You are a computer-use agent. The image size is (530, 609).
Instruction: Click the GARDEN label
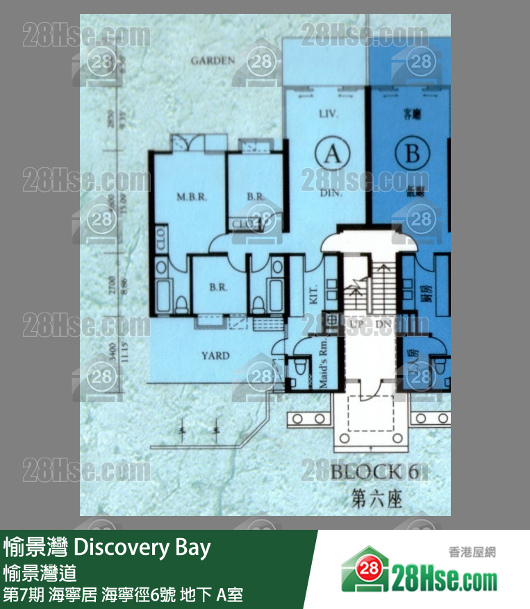pos(213,61)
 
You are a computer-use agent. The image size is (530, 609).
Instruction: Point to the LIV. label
pos(327,113)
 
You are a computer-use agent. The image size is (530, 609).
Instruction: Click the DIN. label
pos(331,194)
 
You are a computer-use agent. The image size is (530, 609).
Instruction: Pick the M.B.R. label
pos(188,197)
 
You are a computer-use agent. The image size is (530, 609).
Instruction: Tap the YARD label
pos(215,356)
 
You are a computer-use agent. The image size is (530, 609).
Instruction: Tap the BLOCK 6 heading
pos(374,472)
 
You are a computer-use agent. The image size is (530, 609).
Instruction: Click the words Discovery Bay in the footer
pos(142,548)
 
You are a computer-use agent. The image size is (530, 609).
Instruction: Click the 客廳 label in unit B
pos(413,111)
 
